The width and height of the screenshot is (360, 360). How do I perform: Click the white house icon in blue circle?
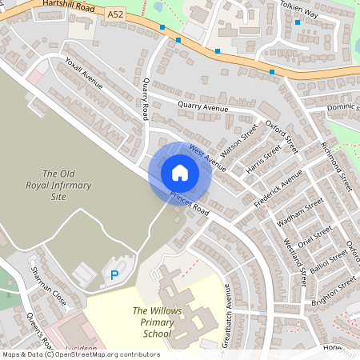tap(180, 173)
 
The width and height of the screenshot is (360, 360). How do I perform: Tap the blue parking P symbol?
tap(114, 274)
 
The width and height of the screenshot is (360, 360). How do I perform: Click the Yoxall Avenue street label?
tap(84, 82)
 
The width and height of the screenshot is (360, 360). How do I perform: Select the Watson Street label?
tap(239, 142)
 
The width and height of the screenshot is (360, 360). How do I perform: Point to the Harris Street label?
tap(264, 160)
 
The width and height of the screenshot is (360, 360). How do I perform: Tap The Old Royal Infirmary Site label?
tap(66, 185)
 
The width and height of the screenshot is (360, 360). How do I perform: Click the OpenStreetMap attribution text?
tap(81, 354)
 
